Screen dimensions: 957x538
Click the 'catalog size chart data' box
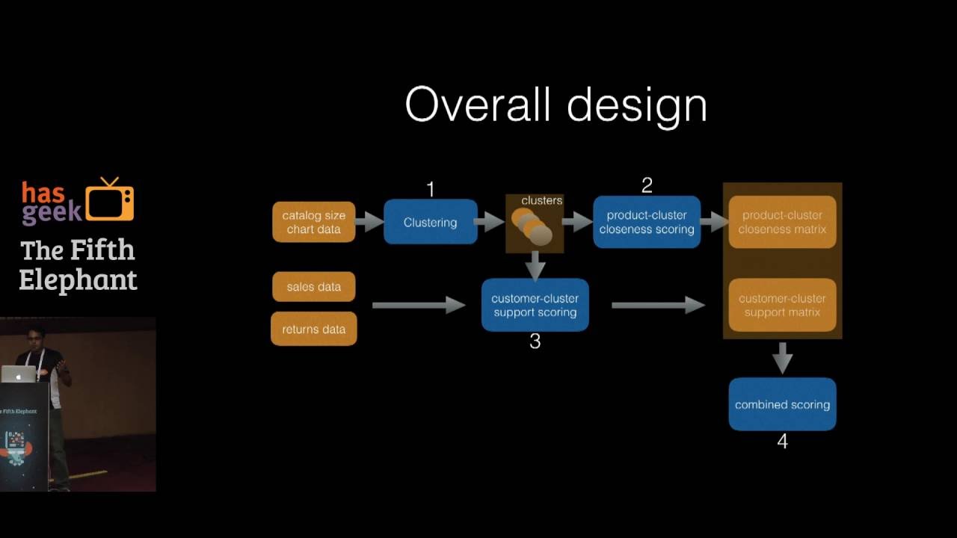pyautogui.click(x=313, y=222)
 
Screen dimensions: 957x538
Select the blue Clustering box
pyautogui.click(x=430, y=222)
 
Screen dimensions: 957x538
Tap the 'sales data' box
pyautogui.click(x=313, y=287)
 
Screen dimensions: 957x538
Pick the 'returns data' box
pyautogui.click(x=313, y=330)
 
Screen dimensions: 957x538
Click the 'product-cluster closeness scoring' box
pyautogui.click(x=647, y=222)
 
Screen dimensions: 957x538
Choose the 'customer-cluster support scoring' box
pyautogui.click(x=535, y=305)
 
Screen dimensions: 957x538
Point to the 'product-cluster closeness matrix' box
pyautogui.click(x=782, y=222)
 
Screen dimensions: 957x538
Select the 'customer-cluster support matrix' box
pyautogui.click(x=782, y=305)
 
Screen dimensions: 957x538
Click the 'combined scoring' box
pyautogui.click(x=782, y=404)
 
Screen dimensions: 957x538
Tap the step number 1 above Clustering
pyautogui.click(x=430, y=190)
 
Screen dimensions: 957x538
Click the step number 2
pyautogui.click(x=647, y=185)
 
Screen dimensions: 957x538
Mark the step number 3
pyautogui.click(x=535, y=341)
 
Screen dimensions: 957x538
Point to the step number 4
pyautogui.click(x=782, y=442)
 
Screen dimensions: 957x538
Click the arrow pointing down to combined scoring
pyautogui.click(x=782, y=358)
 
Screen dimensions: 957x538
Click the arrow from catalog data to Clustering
pyautogui.click(x=369, y=221)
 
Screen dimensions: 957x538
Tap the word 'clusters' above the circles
pyautogui.click(x=541, y=200)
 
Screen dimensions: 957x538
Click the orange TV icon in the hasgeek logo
pyautogui.click(x=110, y=200)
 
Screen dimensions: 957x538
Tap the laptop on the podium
pyautogui.click(x=18, y=374)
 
